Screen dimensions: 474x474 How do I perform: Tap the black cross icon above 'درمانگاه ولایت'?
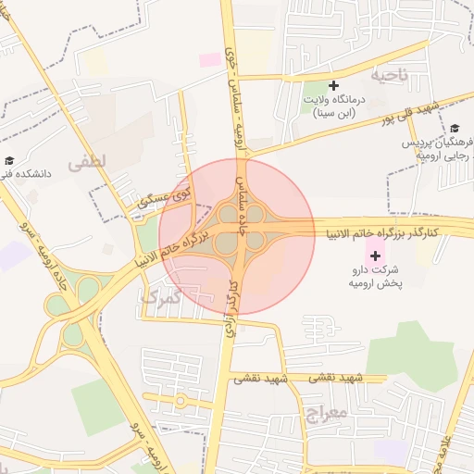(334, 85)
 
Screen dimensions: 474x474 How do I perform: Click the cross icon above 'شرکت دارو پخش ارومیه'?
(375, 255)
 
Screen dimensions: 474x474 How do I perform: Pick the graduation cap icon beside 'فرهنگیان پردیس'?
(455, 130)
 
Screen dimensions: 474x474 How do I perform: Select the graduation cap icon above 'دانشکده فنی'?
(9, 160)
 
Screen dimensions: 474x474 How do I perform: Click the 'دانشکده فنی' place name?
(30, 173)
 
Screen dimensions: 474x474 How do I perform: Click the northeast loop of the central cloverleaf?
(256, 215)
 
